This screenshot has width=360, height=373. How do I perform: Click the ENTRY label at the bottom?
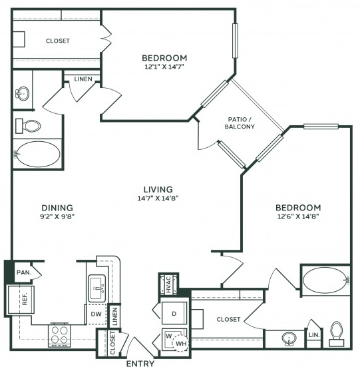coord(140,364)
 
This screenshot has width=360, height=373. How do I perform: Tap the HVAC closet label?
coord(169,284)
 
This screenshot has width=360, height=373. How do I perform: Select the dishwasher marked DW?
coord(96,314)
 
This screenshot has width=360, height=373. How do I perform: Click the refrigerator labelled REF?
coord(21,300)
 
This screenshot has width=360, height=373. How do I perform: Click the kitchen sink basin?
coord(97,288)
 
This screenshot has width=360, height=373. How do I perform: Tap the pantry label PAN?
coord(24,272)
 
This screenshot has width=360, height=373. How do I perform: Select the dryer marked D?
coord(174,313)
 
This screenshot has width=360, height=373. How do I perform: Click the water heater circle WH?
coord(180,343)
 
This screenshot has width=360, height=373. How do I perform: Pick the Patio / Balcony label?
coord(240,123)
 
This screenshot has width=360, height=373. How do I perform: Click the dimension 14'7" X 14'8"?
coord(158,198)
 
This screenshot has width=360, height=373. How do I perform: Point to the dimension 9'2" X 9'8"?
coord(57,216)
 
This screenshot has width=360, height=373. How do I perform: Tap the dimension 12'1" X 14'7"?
coord(164,67)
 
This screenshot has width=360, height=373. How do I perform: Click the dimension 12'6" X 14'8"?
coord(298,216)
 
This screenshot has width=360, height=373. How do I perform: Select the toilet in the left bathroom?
coord(28,126)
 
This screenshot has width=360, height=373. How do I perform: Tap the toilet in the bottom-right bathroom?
coord(337,334)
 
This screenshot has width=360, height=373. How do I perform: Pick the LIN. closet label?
coord(314,335)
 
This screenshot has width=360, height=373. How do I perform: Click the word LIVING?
coord(158,189)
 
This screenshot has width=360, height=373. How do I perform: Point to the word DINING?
coord(57,208)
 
